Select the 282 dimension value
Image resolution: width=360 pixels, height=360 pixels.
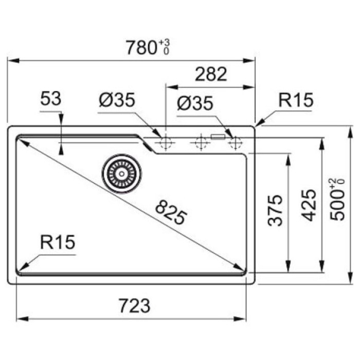[211, 75]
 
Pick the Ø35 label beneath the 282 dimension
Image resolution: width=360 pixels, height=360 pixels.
[194, 104]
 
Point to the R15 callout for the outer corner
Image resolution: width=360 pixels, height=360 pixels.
[295, 100]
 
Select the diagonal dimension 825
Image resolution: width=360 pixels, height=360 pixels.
[170, 213]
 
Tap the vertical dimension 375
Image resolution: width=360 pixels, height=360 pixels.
[276, 210]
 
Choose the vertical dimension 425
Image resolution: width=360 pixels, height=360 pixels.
[308, 205]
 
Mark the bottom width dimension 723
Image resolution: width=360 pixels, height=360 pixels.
[135, 305]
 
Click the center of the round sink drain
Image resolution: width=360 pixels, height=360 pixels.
[121, 173]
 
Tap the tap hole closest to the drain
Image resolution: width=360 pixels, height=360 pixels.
[165, 143]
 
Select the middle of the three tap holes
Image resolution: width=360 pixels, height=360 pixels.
[200, 143]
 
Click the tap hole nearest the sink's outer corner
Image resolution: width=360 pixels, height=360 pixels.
[235, 143]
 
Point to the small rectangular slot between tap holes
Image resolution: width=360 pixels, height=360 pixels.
[218, 137]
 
